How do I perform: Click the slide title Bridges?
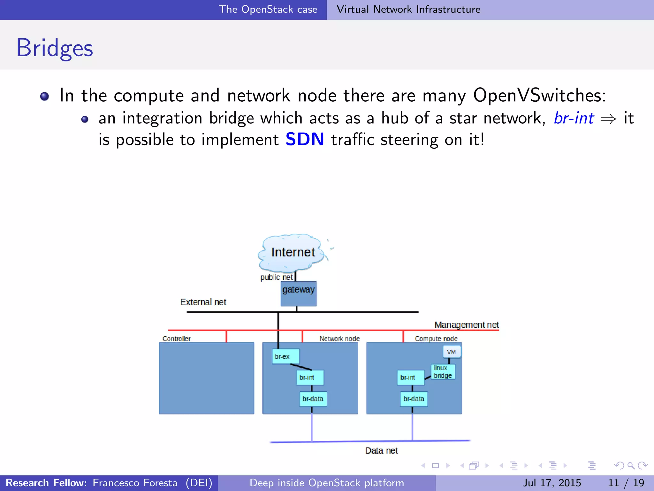[x=55, y=48]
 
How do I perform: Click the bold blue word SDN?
[x=305, y=139]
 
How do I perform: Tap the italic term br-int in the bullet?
[x=574, y=118]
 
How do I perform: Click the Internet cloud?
[x=292, y=252]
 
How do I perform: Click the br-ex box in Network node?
[x=285, y=356]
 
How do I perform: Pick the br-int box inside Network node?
[x=310, y=378]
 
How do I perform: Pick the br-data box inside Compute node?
[x=414, y=399]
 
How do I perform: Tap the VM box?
[x=452, y=352]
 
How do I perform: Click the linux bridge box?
[x=443, y=372]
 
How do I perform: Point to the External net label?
[x=203, y=302]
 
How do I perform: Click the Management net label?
[x=466, y=325]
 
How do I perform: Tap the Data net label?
[x=381, y=451]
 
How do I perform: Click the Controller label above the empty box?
[x=176, y=339]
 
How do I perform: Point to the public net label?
[x=276, y=277]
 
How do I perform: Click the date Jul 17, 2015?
[x=551, y=483]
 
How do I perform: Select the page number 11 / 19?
[x=626, y=483]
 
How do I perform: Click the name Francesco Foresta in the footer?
[x=135, y=483]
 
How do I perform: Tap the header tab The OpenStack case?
[x=268, y=9]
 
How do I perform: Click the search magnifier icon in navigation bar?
[x=631, y=465]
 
